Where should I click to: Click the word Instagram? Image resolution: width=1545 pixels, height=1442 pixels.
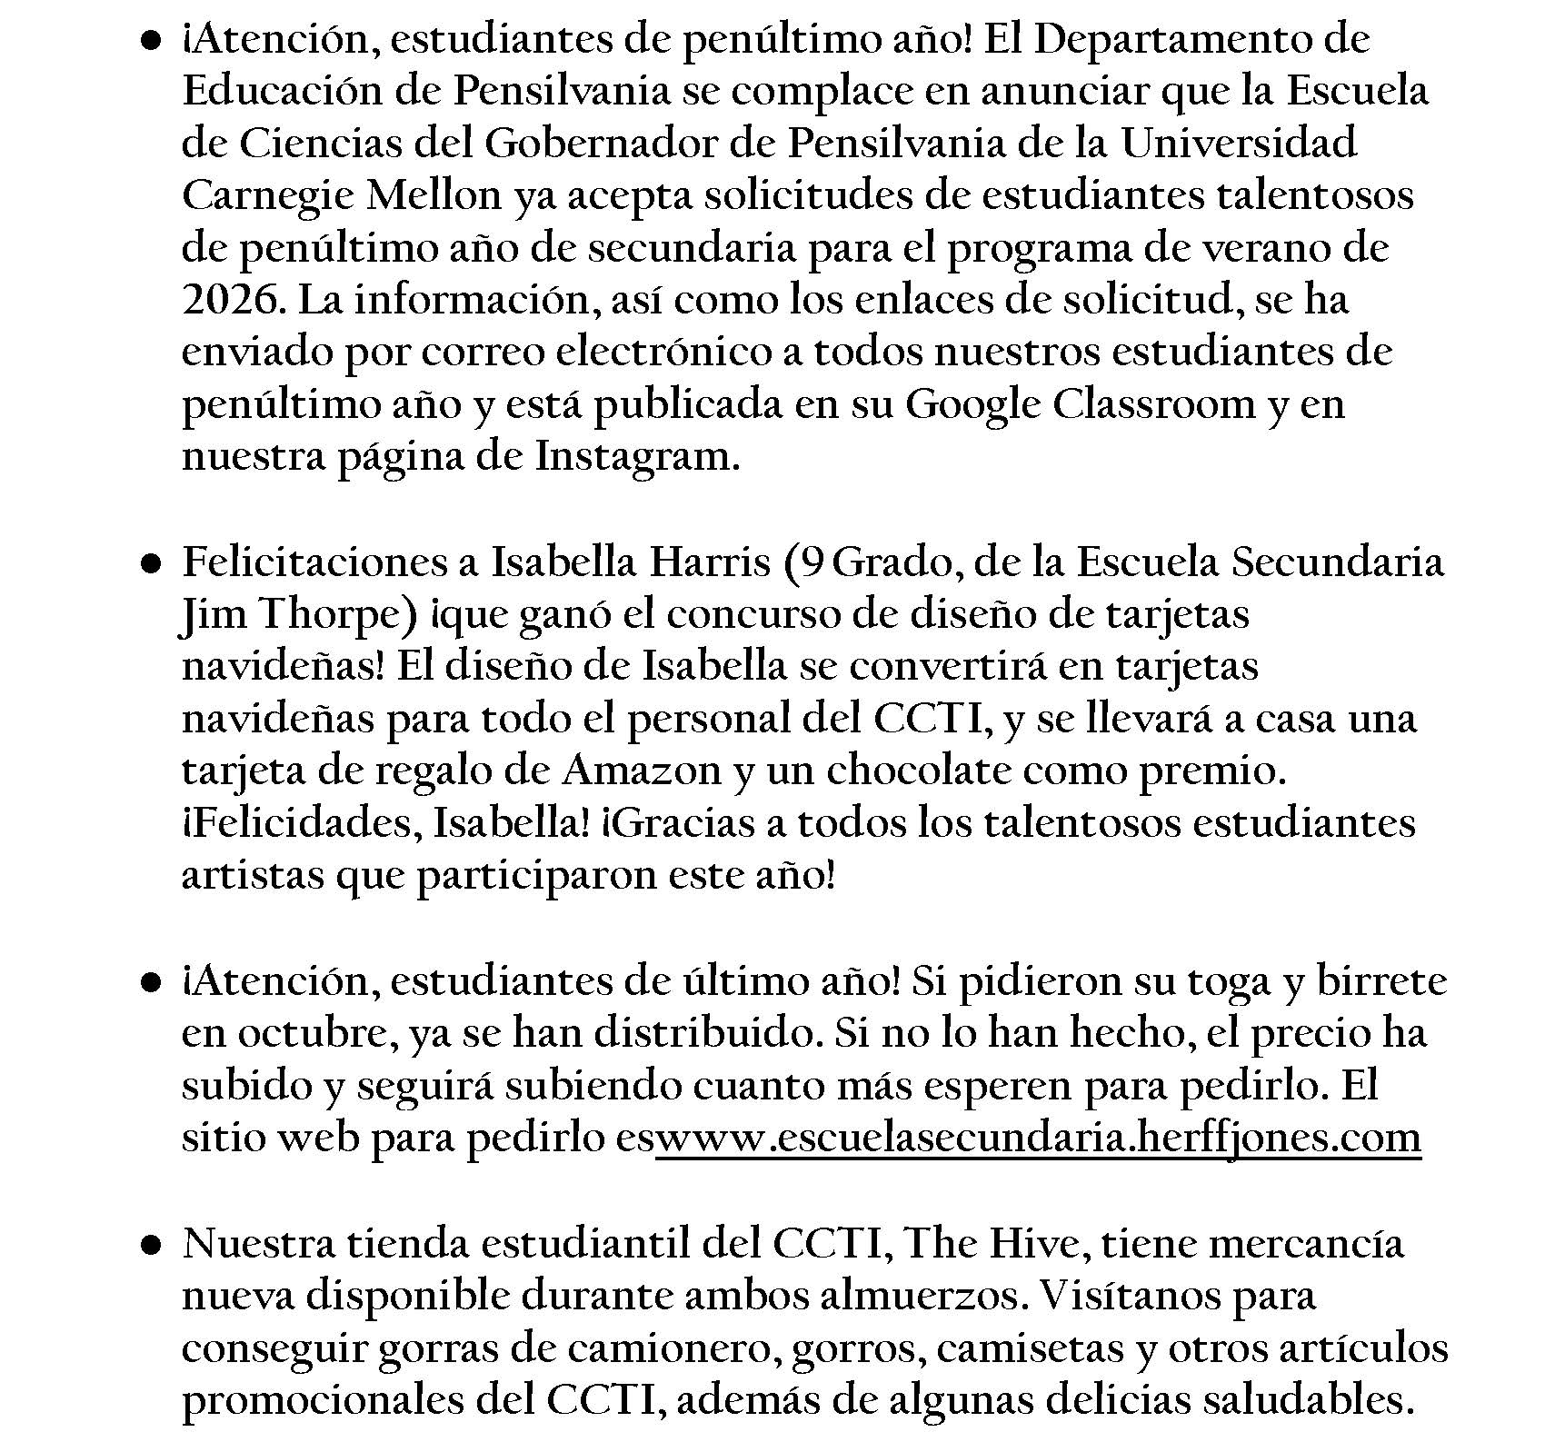(633, 456)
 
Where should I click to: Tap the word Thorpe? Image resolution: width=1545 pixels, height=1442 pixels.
(338, 615)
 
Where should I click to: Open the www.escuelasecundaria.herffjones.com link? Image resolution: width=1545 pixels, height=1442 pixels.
(1038, 1139)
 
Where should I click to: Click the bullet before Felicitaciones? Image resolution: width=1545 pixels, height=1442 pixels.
(151, 565)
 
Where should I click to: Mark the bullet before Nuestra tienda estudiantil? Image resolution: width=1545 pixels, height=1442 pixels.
(151, 1245)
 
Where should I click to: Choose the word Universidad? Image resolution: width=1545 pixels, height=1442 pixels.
(1240, 144)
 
